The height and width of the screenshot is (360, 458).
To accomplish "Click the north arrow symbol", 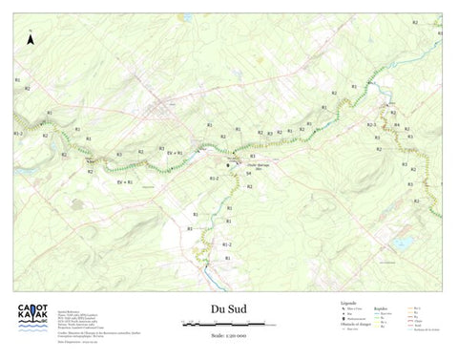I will click(x=31, y=41).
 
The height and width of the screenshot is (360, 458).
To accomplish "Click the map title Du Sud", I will click(x=229, y=308).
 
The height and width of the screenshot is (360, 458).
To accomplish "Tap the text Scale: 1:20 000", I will click(x=229, y=334).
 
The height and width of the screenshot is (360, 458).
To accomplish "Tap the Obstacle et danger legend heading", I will click(x=356, y=324).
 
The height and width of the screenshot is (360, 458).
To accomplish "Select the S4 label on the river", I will click(x=248, y=173).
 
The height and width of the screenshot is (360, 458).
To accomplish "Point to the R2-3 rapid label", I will click(x=373, y=126).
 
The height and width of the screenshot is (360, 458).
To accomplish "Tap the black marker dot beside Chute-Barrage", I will click(x=229, y=166).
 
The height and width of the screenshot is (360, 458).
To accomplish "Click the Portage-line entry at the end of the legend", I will click(x=427, y=329).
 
